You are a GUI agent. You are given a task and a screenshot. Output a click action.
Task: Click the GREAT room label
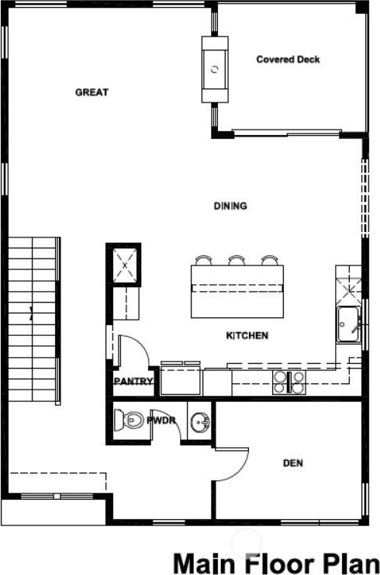pos(92,92)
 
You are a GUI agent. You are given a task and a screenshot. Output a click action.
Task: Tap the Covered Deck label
pos(288,60)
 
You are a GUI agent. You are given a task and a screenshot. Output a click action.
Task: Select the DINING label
pos(230,206)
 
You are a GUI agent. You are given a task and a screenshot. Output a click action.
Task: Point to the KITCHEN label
pos(247,335)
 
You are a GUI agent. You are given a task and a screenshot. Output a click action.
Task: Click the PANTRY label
pos(133,381)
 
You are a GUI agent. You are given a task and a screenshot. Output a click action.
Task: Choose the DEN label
pos(293,463)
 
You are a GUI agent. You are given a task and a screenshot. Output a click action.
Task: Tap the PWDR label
pos(161,421)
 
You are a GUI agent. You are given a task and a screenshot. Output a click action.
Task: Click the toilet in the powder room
pos(128,421)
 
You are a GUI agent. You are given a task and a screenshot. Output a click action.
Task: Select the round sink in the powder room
pos(200,421)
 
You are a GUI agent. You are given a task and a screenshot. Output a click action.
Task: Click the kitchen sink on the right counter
pos(348,324)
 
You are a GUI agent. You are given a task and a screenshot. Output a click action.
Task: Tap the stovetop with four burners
pos(289,383)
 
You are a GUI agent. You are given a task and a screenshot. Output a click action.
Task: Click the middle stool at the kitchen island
pos(237,260)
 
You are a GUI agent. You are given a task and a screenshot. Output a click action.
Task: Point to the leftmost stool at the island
pos(203,260)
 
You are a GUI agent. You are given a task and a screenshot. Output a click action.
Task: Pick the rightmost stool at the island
pos(269,260)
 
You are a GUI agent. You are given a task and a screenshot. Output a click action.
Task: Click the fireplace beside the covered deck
pos(215,69)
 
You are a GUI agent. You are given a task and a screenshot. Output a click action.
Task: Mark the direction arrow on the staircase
pos(32,314)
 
